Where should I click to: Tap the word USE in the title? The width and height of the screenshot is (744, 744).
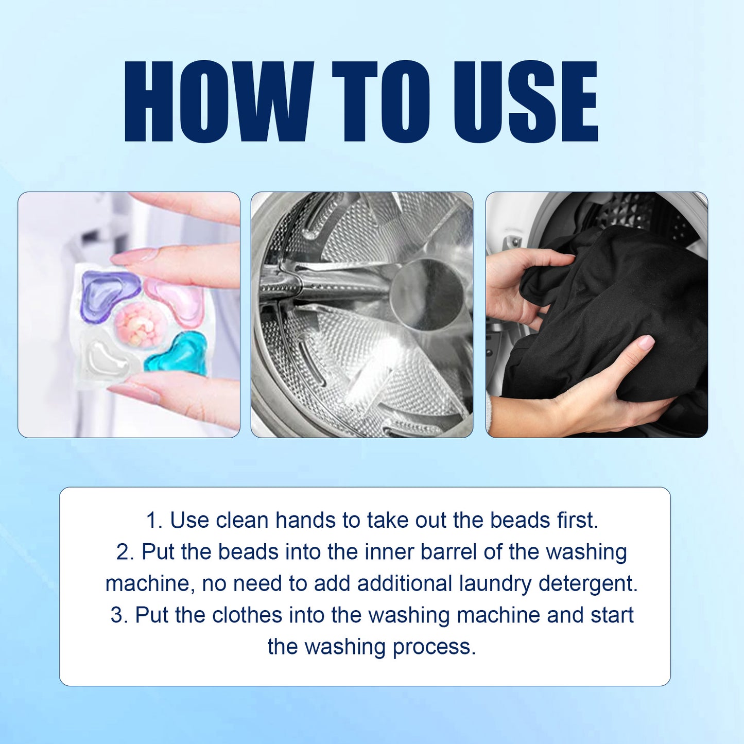526,101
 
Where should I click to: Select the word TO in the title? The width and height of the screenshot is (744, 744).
381,101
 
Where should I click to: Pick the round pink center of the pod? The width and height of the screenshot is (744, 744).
140,324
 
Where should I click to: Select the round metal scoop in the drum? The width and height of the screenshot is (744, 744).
427,294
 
